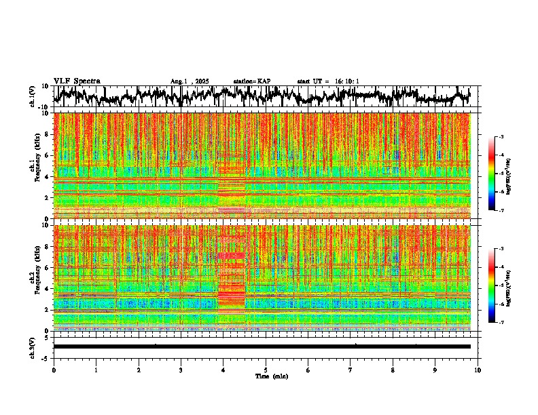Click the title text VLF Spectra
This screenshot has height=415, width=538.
(x=77, y=81)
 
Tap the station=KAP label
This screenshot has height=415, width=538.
(x=252, y=81)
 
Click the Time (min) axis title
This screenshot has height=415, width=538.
(x=271, y=376)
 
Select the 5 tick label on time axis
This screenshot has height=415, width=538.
(x=266, y=370)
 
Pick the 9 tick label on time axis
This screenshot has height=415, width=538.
(x=435, y=370)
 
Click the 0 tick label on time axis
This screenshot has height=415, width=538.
(x=54, y=370)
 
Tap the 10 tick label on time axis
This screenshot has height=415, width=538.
(x=478, y=370)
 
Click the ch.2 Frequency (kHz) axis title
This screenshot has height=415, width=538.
(x=35, y=277)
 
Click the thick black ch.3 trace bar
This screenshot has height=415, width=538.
(x=262, y=347)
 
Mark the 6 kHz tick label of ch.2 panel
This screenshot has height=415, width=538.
(x=48, y=267)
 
